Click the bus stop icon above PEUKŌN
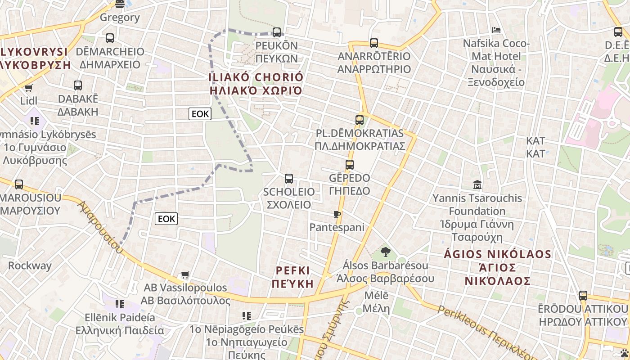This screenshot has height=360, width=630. tap(277, 32)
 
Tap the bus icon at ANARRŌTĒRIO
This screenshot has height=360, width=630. tap(374, 43)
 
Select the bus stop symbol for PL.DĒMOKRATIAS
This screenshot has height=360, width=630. tap(359, 120)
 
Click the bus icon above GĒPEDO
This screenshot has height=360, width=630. tap(350, 165)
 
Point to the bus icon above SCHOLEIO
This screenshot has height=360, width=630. tap(289, 179)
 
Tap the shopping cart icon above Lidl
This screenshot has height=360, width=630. tap(29, 88)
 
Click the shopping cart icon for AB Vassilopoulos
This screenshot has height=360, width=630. tap(185, 274)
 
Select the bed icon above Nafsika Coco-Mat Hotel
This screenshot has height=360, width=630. tap(496, 30)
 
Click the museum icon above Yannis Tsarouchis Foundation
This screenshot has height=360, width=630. tap(477, 185)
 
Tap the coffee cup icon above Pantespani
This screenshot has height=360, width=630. tap(337, 214)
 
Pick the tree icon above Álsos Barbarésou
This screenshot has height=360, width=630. tap(385, 252)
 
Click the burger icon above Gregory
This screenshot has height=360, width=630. tap(120, 4)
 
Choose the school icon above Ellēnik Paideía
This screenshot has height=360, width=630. tap(119, 304)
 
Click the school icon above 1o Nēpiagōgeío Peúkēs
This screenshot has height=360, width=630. tap(246, 316)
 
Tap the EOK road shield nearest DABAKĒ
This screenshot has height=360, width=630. tap(200, 114)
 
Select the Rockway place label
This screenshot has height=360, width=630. tap(30, 265)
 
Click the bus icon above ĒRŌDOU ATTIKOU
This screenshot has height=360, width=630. tap(583, 296)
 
